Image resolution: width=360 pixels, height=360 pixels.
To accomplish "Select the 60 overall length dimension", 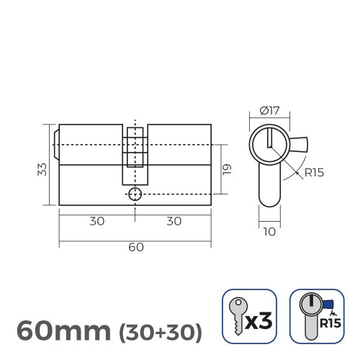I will pos(135,247).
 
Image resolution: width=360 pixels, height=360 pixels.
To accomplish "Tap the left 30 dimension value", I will pos(96,221).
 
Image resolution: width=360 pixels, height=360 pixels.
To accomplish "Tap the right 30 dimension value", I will pos(173,221).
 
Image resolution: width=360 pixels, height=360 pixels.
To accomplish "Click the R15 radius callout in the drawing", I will pos(313,172).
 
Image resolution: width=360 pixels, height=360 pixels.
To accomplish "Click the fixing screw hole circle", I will pos(135,194).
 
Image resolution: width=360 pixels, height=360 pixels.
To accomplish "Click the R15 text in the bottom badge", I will pos(330,324).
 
